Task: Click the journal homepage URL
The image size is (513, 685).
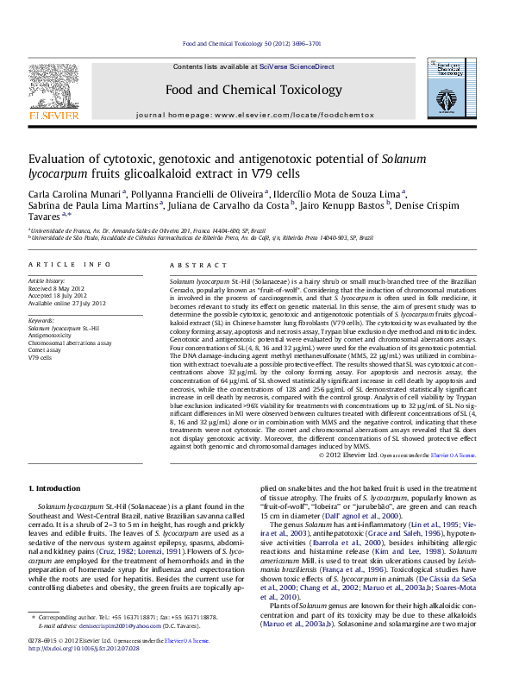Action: pyautogui.click(x=294, y=114)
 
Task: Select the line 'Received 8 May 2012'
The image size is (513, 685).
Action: pyautogui.click(x=57, y=289)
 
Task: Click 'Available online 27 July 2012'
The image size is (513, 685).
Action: pyautogui.click(x=67, y=303)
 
